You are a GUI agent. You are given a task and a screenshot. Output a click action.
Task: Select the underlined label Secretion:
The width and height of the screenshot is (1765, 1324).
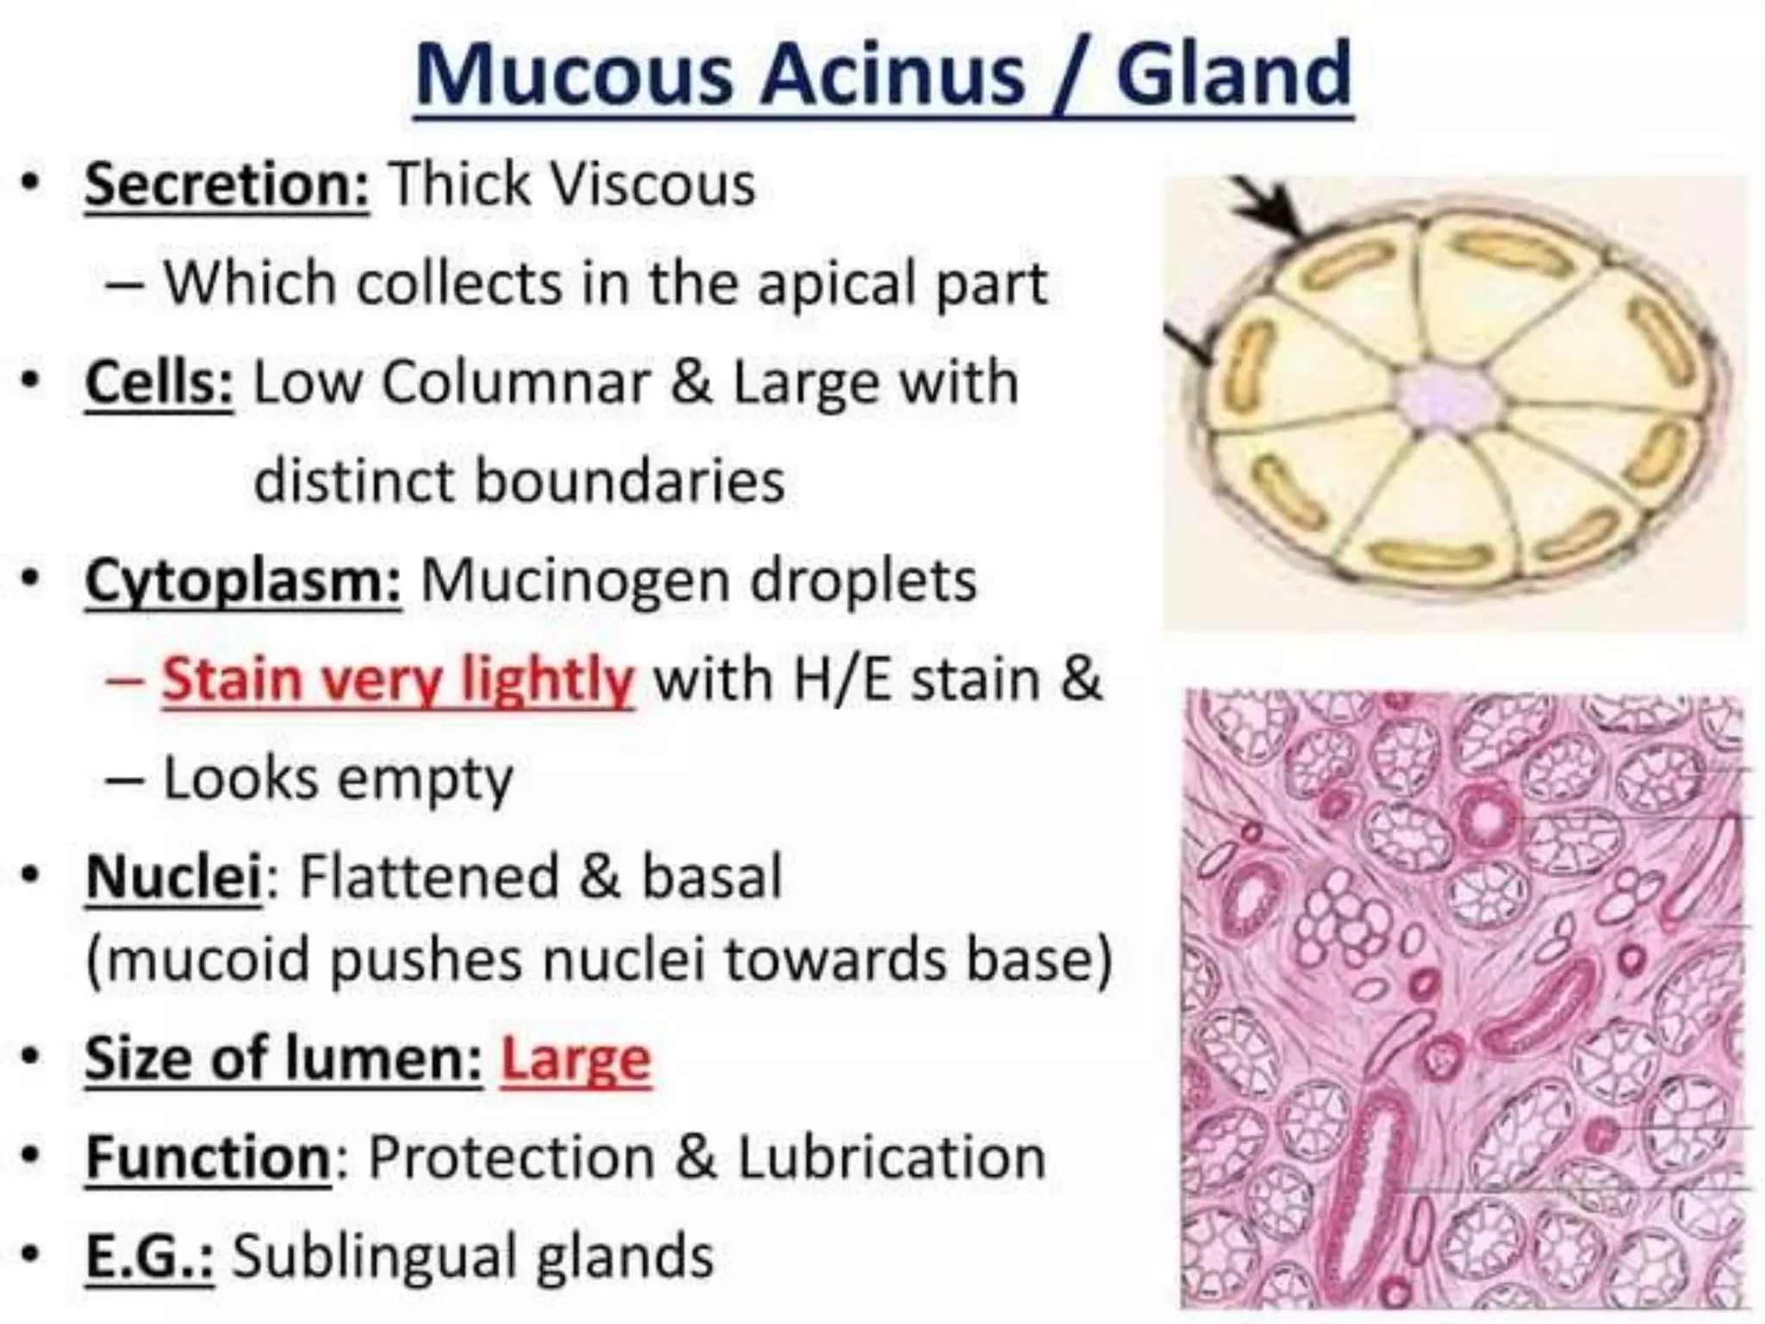(x=228, y=184)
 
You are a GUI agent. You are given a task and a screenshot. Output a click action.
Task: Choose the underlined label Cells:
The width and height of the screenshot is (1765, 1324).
(x=159, y=382)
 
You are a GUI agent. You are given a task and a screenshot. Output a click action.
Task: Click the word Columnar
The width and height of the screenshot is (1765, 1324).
(x=516, y=382)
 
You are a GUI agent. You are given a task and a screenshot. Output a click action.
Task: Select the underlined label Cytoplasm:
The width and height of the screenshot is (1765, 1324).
(x=243, y=581)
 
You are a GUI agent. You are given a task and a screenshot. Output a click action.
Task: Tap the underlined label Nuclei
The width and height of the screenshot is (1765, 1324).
(x=173, y=878)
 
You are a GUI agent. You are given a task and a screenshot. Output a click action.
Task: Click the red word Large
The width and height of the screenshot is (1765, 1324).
(x=576, y=1060)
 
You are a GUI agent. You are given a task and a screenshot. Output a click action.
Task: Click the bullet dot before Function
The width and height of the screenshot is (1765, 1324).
(x=32, y=1157)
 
